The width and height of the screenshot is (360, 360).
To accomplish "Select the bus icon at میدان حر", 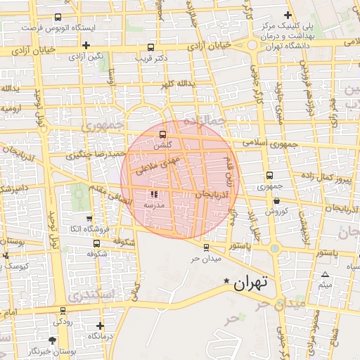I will coord(206,247).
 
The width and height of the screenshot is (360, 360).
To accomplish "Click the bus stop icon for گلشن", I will coord(162,134).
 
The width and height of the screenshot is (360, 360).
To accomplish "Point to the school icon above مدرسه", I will coord(154,194).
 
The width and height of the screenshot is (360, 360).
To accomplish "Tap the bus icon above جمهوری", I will coord(269,176).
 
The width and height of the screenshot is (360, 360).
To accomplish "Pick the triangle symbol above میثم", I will coord(325,275).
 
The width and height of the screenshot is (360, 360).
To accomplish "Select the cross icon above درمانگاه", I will coord(100,326).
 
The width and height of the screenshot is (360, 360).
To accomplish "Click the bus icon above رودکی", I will coord(63,310).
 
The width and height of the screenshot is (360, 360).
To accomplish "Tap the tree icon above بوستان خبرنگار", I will coord(56,340).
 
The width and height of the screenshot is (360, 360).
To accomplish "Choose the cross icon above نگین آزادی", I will coord(86,45).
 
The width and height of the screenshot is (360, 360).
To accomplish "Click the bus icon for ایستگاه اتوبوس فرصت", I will coord(57,17).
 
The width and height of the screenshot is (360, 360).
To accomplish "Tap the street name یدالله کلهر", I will coord(175,84).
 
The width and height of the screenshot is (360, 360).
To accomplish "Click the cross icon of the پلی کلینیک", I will coord(288,15).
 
